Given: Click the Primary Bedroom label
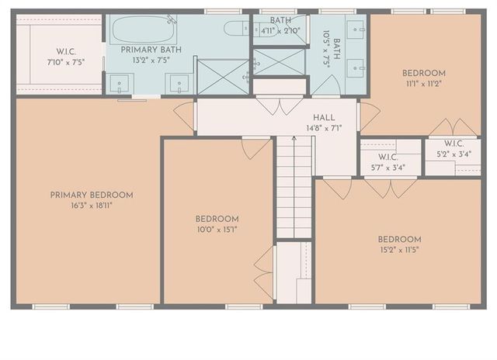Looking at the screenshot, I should tap(92, 195).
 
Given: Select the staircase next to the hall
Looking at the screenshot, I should tap(294, 186).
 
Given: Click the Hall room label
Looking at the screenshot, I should tap(324, 116).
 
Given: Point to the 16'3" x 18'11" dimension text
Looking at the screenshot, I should tap(92, 206).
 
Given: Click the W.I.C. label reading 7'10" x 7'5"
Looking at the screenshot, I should tap(64, 51).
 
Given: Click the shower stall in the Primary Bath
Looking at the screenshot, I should tap(222, 76).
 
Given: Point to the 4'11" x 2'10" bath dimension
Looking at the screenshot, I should tap(280, 31).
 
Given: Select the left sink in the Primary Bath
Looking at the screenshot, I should tap(120, 82).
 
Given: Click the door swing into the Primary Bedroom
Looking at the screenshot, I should tap(184, 116).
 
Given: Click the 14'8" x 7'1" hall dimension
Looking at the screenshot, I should tap(324, 127).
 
